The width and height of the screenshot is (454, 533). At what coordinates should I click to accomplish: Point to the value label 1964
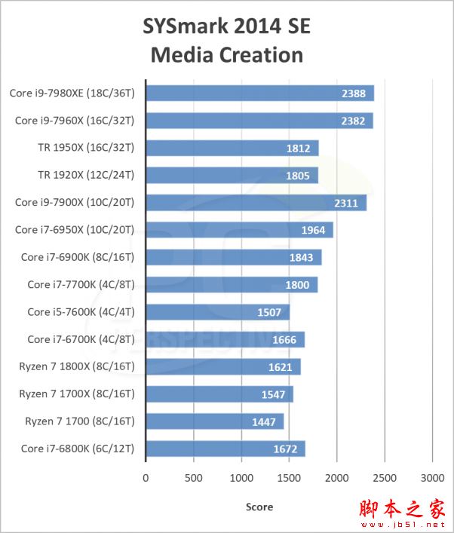click(x=312, y=230)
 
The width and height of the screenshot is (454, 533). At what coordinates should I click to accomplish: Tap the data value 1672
click(x=284, y=449)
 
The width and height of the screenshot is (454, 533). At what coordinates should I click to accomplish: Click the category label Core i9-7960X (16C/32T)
click(x=74, y=121)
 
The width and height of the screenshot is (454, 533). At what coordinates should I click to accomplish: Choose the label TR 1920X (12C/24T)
click(x=85, y=175)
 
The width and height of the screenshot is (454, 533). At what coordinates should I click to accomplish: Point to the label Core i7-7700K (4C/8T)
click(x=80, y=284)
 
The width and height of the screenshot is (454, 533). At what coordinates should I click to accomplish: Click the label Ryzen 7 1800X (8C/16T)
click(x=76, y=366)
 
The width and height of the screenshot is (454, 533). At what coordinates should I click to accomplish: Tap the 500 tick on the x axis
click(x=194, y=477)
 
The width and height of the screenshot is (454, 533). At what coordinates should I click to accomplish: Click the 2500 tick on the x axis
click(x=385, y=477)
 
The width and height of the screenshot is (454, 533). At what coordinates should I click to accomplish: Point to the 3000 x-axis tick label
click(x=432, y=477)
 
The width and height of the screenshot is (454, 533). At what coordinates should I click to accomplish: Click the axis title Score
click(x=259, y=507)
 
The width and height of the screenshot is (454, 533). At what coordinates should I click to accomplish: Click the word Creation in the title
click(x=260, y=55)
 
